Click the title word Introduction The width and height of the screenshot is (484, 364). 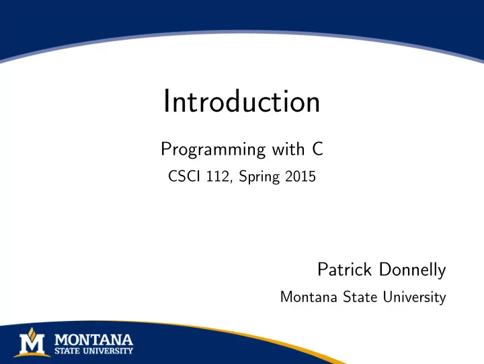click(242, 101)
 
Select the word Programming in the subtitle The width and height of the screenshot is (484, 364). click(213, 150)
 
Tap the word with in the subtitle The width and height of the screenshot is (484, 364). click(288, 149)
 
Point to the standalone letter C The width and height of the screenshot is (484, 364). click(317, 149)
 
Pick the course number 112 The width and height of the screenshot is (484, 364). click(218, 177)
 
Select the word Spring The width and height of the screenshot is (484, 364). click(259, 178)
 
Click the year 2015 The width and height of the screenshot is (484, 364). click(300, 176)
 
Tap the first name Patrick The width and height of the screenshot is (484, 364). click(344, 269)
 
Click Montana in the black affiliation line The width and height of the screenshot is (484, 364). click(309, 297)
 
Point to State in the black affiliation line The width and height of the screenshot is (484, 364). click(360, 297)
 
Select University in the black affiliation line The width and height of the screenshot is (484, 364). click(415, 297)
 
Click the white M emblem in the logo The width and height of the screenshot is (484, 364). click(32, 344)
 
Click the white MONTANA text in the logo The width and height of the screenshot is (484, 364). click(94, 340)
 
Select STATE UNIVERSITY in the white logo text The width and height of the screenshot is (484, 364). click(94, 351)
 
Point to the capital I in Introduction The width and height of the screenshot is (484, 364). click(166, 101)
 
